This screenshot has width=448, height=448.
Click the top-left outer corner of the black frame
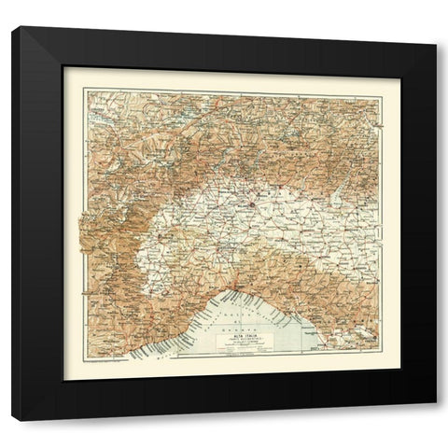click(x=13, y=27)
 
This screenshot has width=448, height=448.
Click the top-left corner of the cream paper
click(x=64, y=67)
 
